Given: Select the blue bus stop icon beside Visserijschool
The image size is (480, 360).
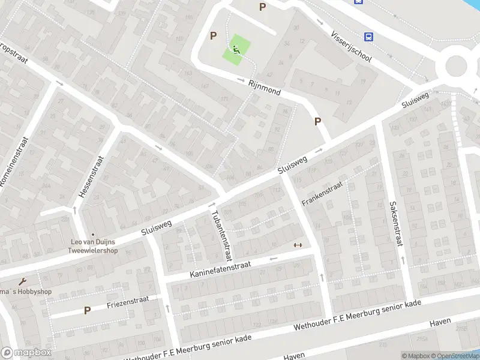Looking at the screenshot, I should point(369,37).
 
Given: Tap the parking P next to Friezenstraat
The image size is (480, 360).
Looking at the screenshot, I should point(87,310).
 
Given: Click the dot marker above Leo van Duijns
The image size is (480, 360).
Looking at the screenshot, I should point(92,235).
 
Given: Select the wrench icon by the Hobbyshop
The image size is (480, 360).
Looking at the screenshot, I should point(23,282).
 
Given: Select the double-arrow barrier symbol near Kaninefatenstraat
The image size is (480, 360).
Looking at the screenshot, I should point(297,245).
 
